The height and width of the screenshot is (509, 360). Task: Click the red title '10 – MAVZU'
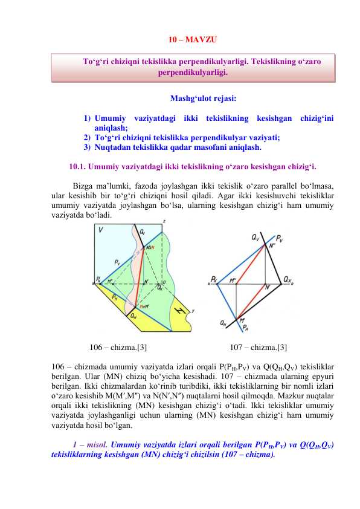(193, 40)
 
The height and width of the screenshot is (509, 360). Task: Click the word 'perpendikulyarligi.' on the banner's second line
(193, 73)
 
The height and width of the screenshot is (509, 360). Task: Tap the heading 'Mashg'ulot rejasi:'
(204, 99)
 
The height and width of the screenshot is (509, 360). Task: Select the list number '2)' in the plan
(87, 138)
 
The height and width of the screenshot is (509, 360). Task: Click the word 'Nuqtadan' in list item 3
(111, 148)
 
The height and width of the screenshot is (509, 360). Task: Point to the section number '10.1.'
(77, 167)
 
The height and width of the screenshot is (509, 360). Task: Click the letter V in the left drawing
(101, 230)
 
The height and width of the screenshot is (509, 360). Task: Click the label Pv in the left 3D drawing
(117, 262)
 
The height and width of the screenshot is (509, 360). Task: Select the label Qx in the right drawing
(288, 279)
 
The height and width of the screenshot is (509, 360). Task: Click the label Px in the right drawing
(214, 279)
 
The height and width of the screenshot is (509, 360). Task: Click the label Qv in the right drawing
(256, 238)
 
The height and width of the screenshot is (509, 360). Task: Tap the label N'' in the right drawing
(272, 245)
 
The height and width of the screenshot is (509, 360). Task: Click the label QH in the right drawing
(223, 323)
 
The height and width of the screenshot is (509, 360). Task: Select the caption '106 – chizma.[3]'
(118, 348)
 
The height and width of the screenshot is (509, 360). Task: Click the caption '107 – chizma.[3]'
(258, 348)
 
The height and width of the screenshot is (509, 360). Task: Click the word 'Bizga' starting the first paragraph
(83, 186)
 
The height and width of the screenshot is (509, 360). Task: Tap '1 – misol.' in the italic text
(90, 445)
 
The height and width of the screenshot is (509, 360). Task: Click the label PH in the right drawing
(245, 328)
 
